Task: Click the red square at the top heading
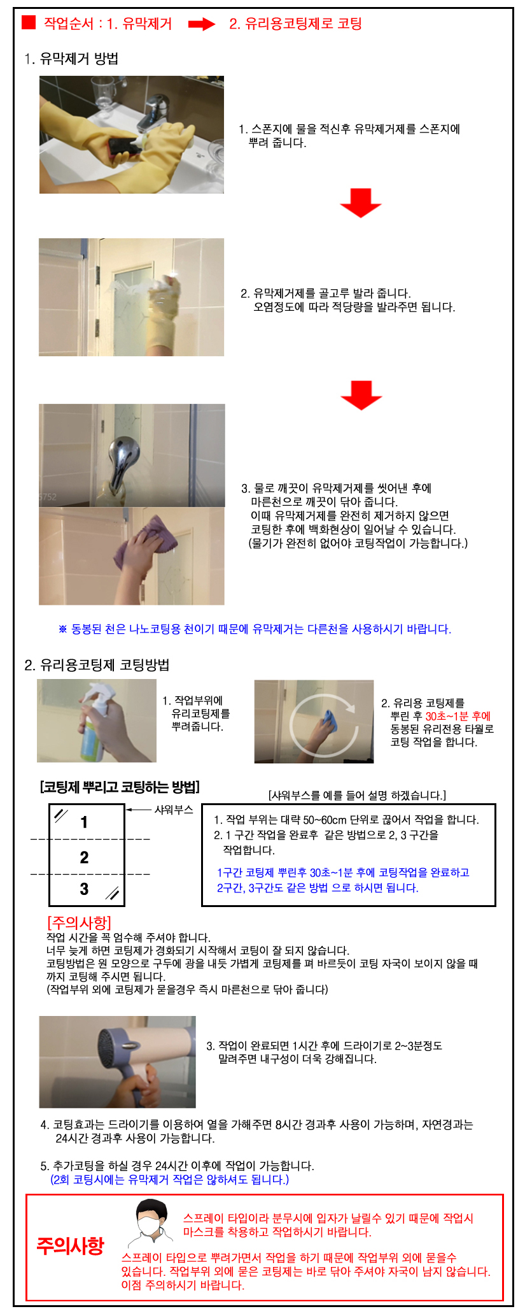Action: pyautogui.click(x=29, y=22)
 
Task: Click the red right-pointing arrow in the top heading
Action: pyautogui.click(x=202, y=24)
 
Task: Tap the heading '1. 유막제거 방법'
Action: pyautogui.click(x=71, y=59)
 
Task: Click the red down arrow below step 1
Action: pyautogui.click(x=361, y=203)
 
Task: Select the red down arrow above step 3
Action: pyautogui.click(x=361, y=396)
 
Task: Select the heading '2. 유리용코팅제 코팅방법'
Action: pyautogui.click(x=97, y=665)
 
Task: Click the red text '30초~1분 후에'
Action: pyautogui.click(x=458, y=716)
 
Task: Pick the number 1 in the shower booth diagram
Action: pyautogui.click(x=84, y=822)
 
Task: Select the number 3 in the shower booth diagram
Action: pyautogui.click(x=84, y=889)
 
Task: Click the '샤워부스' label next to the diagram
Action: pyautogui.click(x=174, y=810)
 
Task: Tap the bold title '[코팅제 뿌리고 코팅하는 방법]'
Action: pyautogui.click(x=120, y=787)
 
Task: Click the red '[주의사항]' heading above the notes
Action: pyautogui.click(x=79, y=922)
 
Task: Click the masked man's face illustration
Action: pyautogui.click(x=152, y=1220)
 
